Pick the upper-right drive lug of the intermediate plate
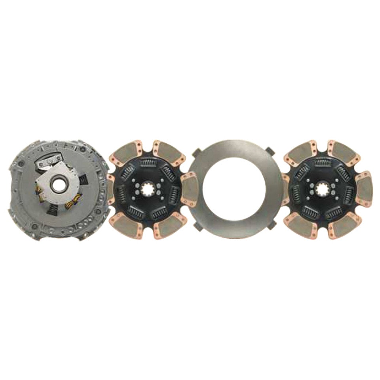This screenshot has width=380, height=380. click(x=270, y=151)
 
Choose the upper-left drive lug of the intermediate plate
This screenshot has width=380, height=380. click(x=197, y=152)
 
